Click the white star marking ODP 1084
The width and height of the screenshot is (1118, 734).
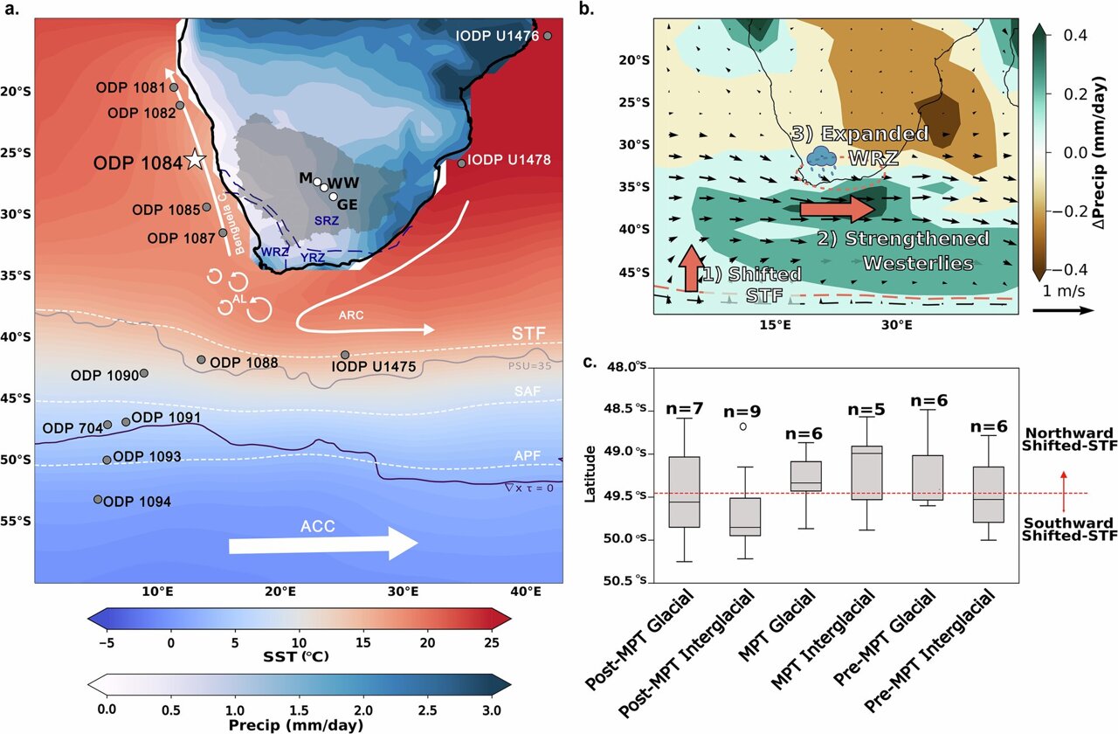195,160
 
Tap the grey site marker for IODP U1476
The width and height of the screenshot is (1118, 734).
548,36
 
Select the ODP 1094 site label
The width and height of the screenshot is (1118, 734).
137,502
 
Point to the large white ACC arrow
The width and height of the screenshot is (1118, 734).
323,544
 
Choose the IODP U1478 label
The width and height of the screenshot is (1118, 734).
510,161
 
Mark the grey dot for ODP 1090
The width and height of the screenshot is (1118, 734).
144,373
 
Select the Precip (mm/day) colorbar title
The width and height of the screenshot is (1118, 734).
299,724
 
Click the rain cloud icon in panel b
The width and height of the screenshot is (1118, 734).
821,156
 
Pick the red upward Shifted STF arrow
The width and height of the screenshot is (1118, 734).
689,268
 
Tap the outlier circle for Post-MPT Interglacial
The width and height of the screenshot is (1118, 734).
742,426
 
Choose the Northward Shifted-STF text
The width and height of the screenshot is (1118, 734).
1068,440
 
